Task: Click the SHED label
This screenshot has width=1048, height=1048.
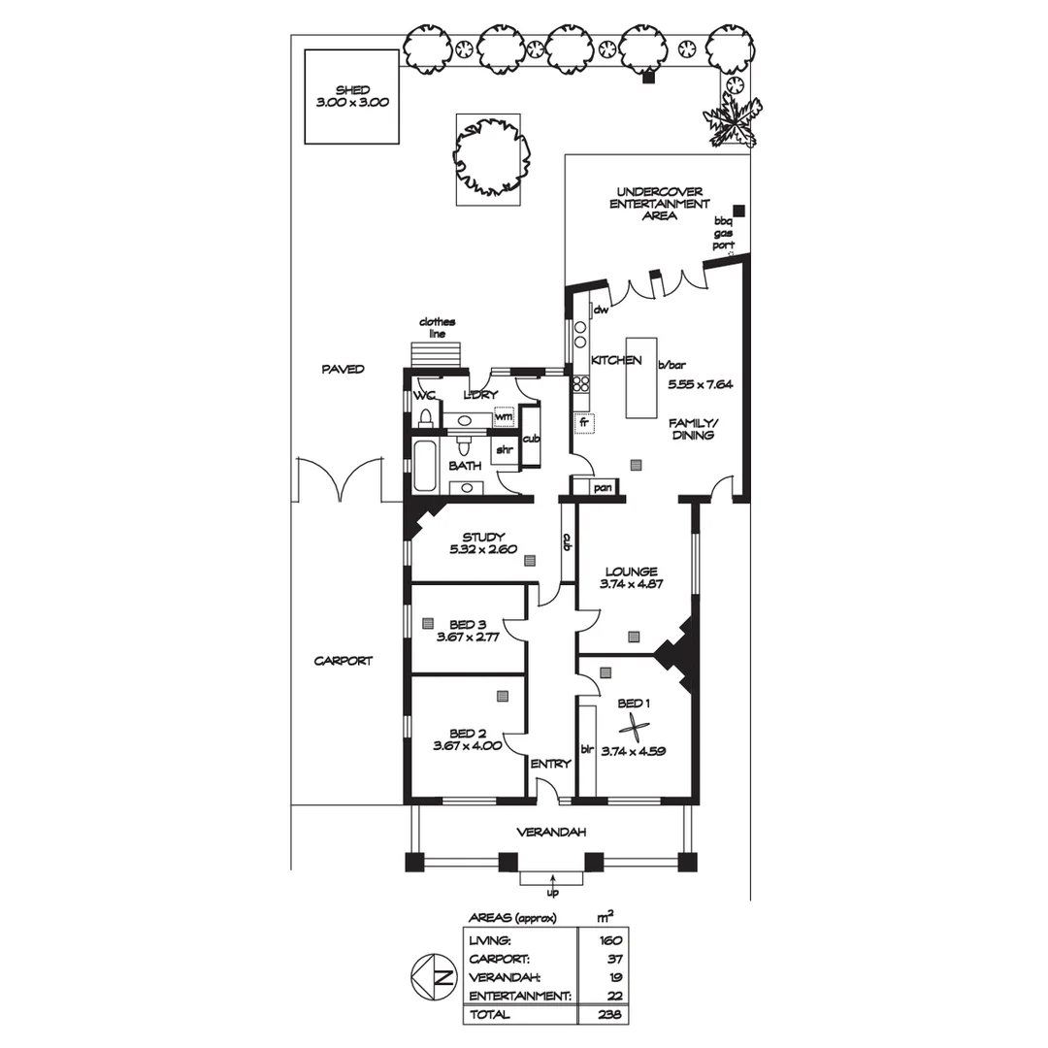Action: coord(352,90)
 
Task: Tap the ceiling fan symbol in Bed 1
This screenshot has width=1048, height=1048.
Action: coord(634,727)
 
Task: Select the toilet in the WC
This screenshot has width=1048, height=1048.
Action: coord(425,417)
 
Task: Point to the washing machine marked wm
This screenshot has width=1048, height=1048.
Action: coord(504,416)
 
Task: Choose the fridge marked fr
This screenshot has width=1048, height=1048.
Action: coord(584,423)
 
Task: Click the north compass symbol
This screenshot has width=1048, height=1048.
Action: coord(434,976)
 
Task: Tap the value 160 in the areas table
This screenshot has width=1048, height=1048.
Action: coord(610,940)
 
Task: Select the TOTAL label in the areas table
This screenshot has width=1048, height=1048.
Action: coord(489,1014)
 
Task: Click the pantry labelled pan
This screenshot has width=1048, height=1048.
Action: coord(595,487)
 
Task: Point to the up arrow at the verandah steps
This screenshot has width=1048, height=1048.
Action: coord(553,881)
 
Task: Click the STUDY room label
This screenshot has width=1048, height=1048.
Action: coord(483,537)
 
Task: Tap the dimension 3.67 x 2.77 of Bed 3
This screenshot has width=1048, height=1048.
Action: coord(468,637)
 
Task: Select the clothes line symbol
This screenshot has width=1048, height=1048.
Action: coord(435,353)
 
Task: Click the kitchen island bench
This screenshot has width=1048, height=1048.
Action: coord(641,377)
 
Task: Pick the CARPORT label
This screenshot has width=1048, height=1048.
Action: coord(343,661)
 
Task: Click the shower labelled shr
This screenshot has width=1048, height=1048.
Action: coord(505,450)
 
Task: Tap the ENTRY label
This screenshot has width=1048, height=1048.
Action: coord(550,764)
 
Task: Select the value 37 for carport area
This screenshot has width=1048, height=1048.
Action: coord(615,959)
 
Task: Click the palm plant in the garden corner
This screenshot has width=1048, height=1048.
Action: coord(732,120)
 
